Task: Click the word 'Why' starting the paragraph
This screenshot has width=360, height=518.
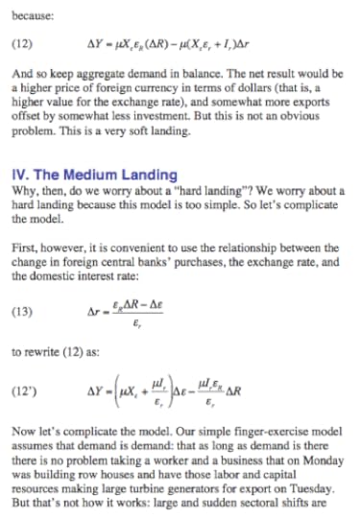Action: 24,190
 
